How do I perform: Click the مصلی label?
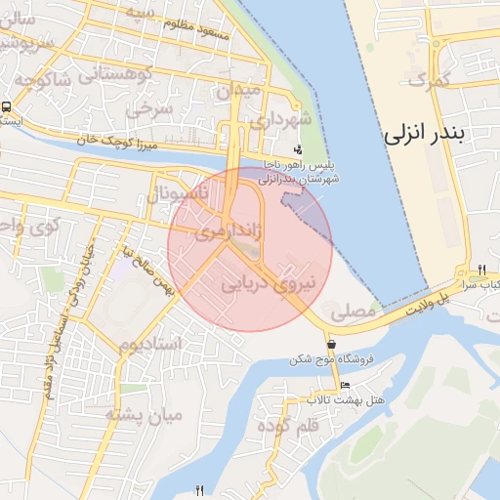[x=353, y=314]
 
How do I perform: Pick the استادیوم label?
[x=150, y=345]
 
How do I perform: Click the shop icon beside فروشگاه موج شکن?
[x=334, y=345]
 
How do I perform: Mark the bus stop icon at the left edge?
[x=7, y=108]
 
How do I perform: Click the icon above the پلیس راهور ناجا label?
[x=297, y=151]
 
